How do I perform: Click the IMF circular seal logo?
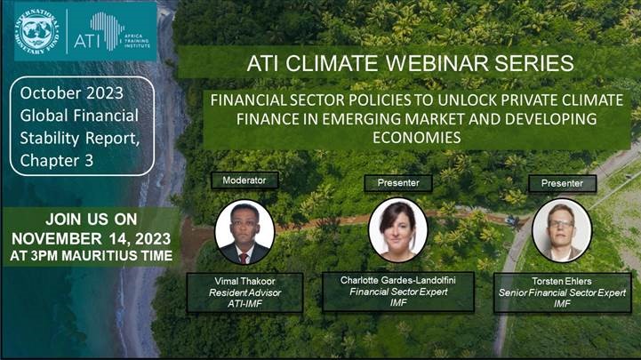[x=36, y=30]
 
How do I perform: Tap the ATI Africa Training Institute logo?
[x=112, y=31]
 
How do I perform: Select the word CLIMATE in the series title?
[x=331, y=63]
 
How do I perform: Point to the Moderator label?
[x=244, y=180]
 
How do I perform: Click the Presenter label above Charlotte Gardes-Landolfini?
[x=398, y=183]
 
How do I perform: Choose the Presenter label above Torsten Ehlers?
[x=562, y=183]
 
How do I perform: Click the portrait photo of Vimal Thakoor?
[x=244, y=232]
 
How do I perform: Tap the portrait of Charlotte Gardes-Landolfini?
[x=397, y=230]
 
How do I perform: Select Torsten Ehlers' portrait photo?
[x=562, y=230]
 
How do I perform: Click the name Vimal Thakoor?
[x=244, y=281]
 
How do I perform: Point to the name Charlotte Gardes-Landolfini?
[x=398, y=280]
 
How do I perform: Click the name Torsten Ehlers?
[x=562, y=281]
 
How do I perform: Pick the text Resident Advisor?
[x=244, y=292]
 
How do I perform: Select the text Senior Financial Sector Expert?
[x=562, y=292]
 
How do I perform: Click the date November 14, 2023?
[x=92, y=238]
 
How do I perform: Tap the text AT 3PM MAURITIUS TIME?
[x=92, y=256]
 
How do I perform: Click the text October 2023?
[x=71, y=93]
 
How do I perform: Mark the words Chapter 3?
[x=56, y=161]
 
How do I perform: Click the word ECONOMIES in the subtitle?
[x=417, y=138]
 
